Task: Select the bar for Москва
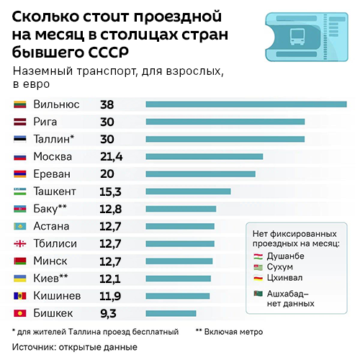click(204, 156)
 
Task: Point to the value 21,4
click(112, 156)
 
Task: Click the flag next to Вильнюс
click(20, 104)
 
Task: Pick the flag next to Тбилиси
click(20, 243)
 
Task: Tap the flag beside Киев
click(20, 279)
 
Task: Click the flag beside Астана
click(20, 226)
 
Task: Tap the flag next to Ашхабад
click(258, 293)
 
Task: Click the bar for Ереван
click(200, 174)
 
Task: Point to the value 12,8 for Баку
click(111, 209)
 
